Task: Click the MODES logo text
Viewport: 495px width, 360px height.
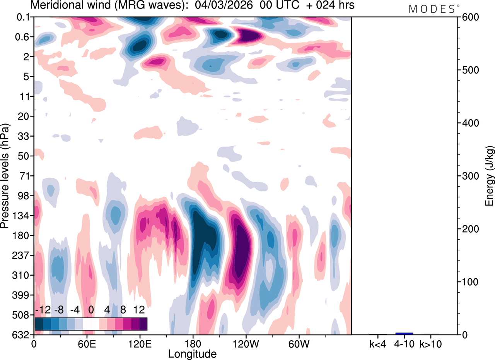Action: tap(432, 9)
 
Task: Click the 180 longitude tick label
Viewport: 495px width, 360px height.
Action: tap(193, 344)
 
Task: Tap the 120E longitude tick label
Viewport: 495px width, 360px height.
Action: tap(140, 344)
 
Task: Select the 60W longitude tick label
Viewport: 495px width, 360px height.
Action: tap(299, 344)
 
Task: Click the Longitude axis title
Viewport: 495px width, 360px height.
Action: tap(192, 354)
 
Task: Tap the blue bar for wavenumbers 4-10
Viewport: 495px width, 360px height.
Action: tap(404, 333)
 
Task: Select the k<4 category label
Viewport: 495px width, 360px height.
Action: tap(378, 343)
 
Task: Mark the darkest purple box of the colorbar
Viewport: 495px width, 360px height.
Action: tap(143, 324)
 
